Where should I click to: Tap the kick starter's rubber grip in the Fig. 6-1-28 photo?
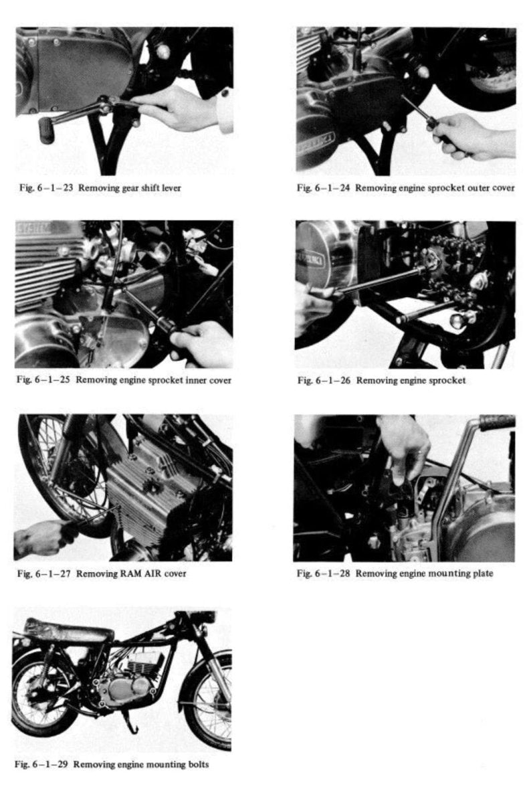[x=496, y=422]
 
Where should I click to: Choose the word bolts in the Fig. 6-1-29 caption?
[x=197, y=765]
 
